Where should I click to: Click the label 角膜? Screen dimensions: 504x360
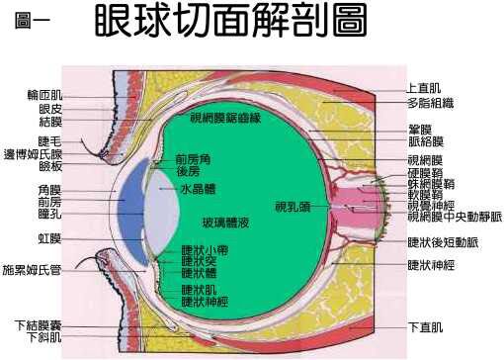[49, 188]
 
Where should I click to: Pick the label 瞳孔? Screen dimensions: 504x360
[49, 213]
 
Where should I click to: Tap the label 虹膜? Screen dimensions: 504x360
[49, 238]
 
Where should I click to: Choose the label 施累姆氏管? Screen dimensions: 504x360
[33, 268]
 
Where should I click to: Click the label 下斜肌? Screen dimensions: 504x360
[44, 337]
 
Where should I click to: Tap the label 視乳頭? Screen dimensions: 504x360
[293, 207]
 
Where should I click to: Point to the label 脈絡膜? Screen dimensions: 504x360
[426, 141]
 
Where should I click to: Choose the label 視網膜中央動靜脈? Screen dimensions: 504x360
[455, 216]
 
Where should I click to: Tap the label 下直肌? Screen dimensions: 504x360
[426, 326]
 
